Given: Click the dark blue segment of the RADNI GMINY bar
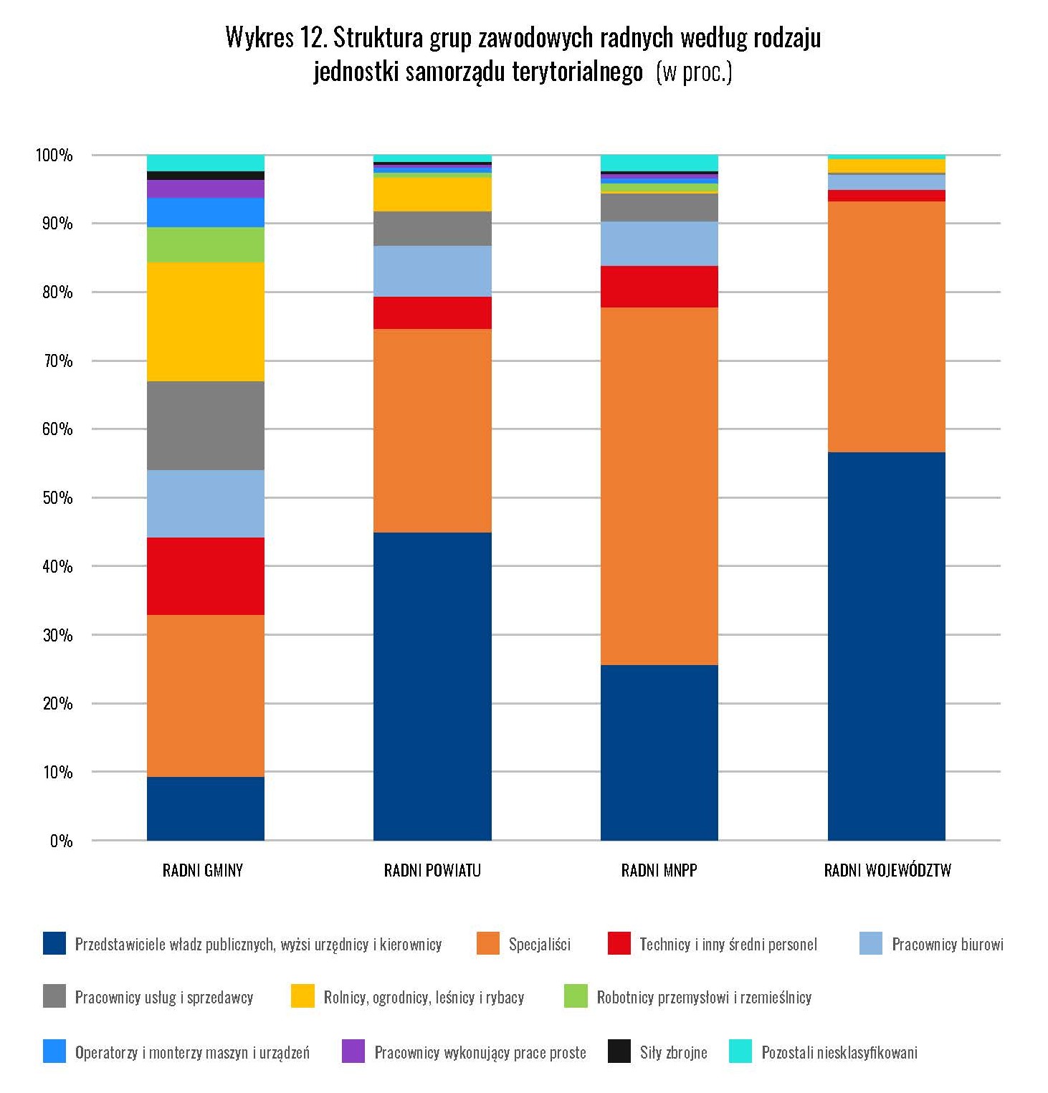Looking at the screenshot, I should tap(206, 808).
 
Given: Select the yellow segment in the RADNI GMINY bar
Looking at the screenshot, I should tap(206, 321).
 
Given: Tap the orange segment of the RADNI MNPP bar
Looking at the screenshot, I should tap(659, 486).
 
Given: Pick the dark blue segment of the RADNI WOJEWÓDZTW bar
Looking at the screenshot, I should tap(886, 646).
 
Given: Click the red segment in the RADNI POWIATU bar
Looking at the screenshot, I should tap(432, 312).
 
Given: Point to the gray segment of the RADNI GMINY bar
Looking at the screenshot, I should tap(206, 426).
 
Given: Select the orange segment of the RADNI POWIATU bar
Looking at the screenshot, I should tap(432, 430).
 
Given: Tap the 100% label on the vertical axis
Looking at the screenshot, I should tap(54, 156).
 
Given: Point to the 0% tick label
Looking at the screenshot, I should tap(62, 841).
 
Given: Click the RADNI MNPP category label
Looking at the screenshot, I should tap(659, 871).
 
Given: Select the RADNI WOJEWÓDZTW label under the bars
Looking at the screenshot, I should tap(887, 871).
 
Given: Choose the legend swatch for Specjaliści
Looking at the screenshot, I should tap(487, 943).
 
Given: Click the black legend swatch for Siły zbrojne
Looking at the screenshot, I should tap(619, 1051).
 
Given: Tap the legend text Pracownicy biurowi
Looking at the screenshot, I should tap(947, 944).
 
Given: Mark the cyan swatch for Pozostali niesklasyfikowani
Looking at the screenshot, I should tap(740, 1051).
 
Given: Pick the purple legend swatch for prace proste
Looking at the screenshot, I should tap(353, 1051).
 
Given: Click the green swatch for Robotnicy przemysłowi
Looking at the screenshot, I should tap(576, 996).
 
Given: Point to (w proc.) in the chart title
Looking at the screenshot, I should tap(694, 72).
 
